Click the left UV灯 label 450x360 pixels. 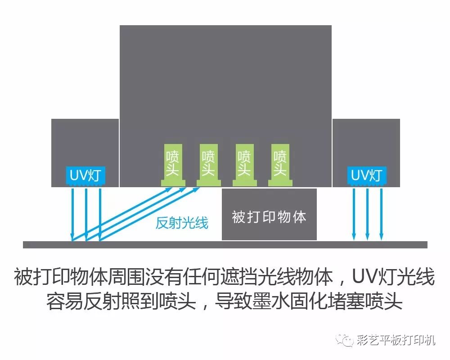point(85,175)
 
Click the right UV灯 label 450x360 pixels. point(367,175)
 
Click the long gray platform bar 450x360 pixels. point(225,245)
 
